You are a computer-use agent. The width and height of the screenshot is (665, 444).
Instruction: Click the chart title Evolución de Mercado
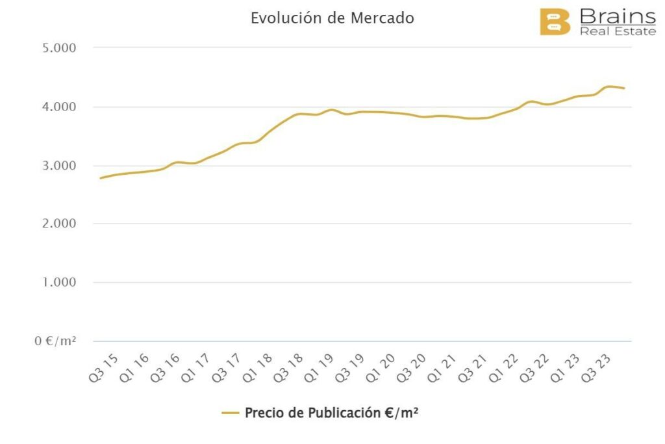coord(332,18)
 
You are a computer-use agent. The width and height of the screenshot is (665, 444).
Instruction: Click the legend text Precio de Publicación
coord(331,413)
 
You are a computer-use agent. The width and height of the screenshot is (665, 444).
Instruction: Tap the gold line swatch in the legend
coord(231,413)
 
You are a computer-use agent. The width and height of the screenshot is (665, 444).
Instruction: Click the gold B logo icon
coord(555,21)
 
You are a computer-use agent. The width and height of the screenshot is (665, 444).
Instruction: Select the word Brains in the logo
coord(617,16)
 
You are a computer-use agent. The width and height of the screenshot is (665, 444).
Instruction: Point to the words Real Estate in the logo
coord(617,31)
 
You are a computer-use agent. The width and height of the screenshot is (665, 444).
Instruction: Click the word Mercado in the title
coord(382,18)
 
